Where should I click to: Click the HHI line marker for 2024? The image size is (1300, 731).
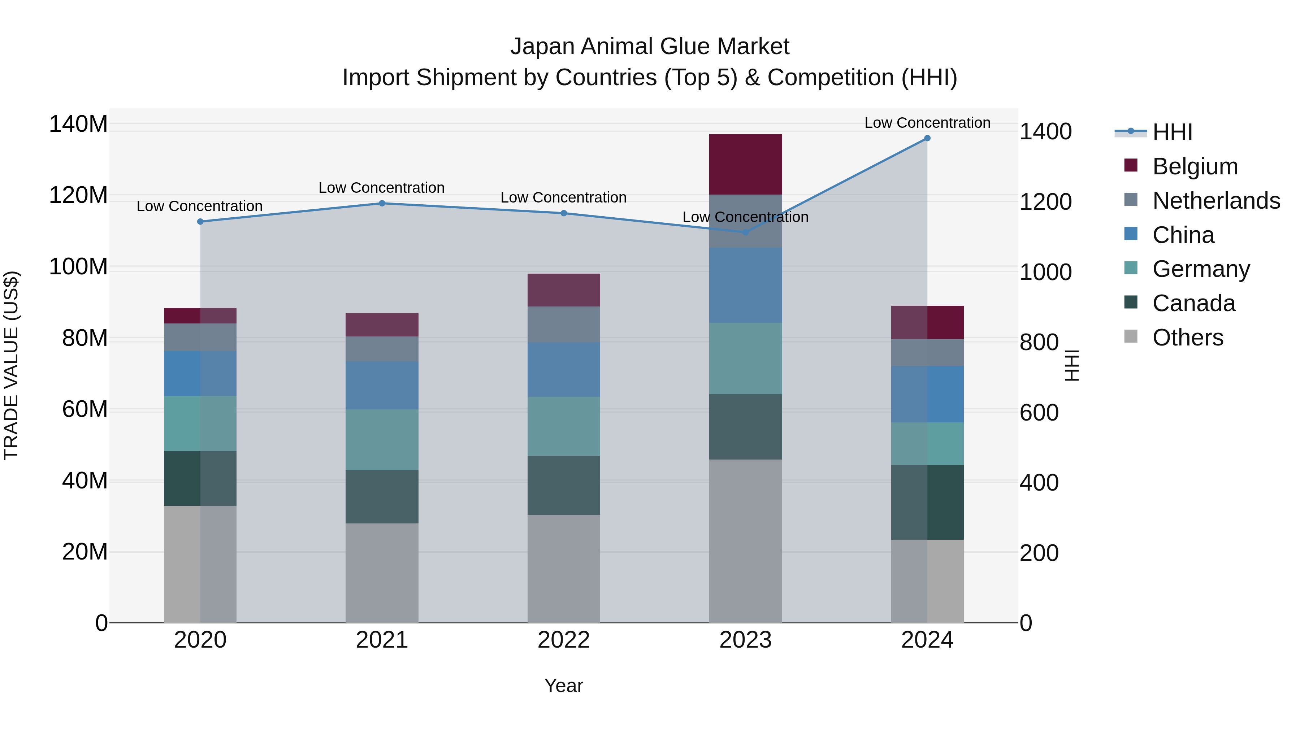927,138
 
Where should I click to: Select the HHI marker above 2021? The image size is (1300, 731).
382,203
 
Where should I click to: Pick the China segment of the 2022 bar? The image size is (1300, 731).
564,369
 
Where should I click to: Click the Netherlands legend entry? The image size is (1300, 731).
1216,201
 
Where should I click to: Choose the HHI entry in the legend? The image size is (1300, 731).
1172,132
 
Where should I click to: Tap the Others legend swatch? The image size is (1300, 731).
1131,336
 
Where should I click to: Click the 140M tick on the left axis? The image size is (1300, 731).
78,124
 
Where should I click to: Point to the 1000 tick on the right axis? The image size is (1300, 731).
1045,273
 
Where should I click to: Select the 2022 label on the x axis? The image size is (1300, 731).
564,640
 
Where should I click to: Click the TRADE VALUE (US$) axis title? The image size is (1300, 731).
11,365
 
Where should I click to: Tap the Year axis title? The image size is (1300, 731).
564,686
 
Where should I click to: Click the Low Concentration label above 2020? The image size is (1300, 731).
199,206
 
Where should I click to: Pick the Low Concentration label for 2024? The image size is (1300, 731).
927,123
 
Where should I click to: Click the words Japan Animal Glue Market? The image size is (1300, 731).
650,47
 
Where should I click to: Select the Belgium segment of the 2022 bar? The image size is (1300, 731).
564,290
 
